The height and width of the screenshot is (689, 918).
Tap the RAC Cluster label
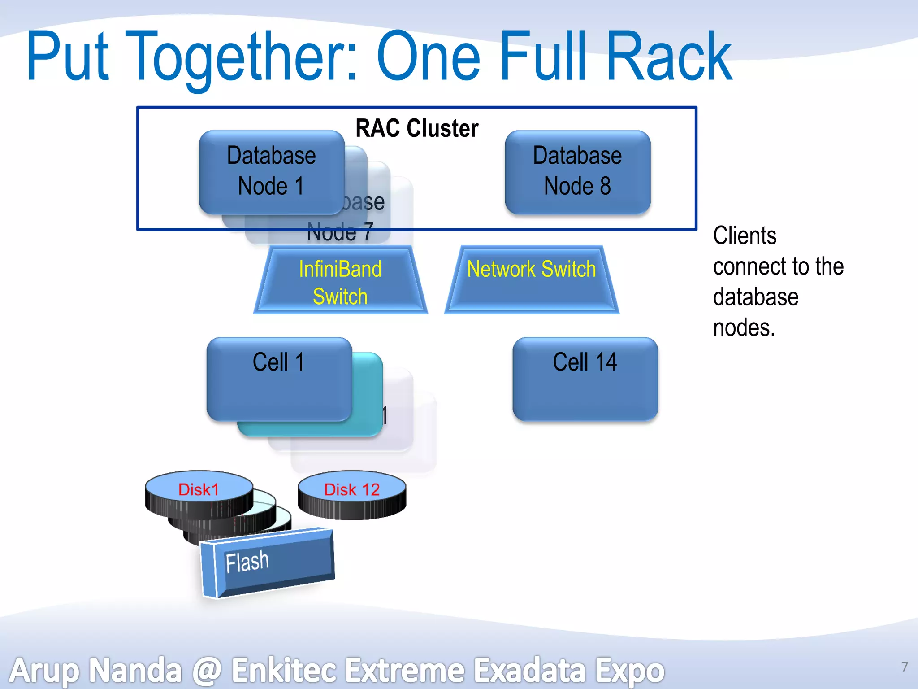tap(417, 128)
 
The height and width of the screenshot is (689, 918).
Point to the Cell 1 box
tap(279, 379)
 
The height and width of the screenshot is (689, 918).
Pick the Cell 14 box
tap(585, 379)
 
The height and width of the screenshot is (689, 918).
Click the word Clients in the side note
tap(745, 236)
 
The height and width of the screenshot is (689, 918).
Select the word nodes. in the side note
tap(744, 328)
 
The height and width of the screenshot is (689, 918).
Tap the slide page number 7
tap(905, 667)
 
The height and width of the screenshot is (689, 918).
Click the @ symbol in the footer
tap(207, 671)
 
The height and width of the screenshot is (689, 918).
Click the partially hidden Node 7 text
tap(340, 232)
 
